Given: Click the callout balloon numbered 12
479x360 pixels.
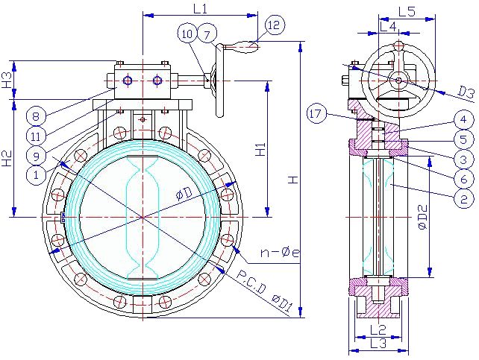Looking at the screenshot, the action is point(275,25).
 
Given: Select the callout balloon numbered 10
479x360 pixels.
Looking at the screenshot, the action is point(187,34).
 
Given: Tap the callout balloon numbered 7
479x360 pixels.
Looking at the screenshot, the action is point(207,35).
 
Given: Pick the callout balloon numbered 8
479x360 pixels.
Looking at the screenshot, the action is point(36,116).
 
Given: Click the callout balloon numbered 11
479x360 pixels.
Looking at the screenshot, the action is point(36,136).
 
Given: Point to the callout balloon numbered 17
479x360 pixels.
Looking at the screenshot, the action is point(316,114).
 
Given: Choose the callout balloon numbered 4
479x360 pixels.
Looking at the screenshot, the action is point(463,119).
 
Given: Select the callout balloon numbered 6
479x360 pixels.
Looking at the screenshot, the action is point(463,179).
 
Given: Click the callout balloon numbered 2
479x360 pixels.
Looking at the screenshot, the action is point(463,199).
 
